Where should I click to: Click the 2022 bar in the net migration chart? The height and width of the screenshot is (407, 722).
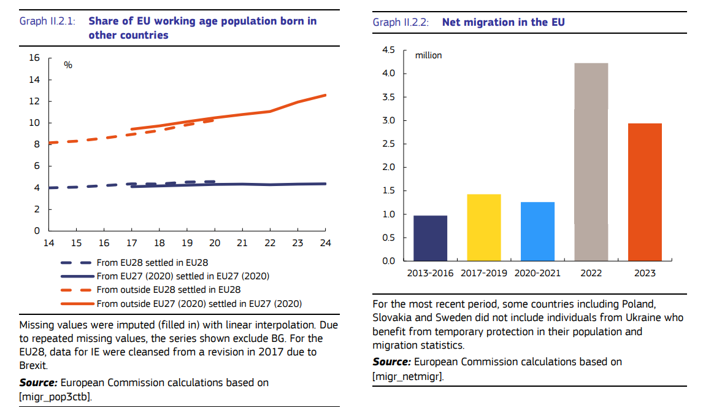tap(591, 162)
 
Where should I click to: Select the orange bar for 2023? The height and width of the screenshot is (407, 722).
tap(645, 192)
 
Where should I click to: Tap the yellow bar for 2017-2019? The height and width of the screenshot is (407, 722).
tap(483, 228)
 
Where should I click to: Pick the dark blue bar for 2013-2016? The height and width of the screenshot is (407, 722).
tap(430, 238)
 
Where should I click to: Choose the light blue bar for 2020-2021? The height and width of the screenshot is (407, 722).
tap(537, 231)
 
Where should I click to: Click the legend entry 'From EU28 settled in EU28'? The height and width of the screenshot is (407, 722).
tap(152, 262)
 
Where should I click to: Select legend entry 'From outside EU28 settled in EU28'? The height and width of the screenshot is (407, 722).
tap(168, 289)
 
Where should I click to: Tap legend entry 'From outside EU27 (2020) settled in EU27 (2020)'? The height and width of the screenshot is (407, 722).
tap(199, 303)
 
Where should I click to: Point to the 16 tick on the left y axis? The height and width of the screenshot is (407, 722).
tap(34, 58)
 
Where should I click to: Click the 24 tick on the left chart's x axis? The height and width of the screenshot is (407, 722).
tap(325, 243)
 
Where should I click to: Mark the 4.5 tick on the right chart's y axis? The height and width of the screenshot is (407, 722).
tap(389, 50)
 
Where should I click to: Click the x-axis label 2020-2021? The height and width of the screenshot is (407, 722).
tap(537, 273)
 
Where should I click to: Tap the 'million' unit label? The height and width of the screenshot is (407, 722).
tap(428, 55)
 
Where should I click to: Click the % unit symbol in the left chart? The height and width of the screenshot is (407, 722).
tap(68, 64)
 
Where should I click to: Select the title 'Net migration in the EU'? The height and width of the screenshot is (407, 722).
tap(503, 22)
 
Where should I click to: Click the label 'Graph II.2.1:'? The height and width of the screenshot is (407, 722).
tap(47, 21)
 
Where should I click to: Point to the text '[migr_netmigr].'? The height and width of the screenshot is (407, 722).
tap(408, 376)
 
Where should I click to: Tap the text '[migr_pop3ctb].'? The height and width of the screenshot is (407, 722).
tap(56, 397)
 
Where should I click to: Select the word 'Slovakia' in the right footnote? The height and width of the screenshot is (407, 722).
tap(391, 317)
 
